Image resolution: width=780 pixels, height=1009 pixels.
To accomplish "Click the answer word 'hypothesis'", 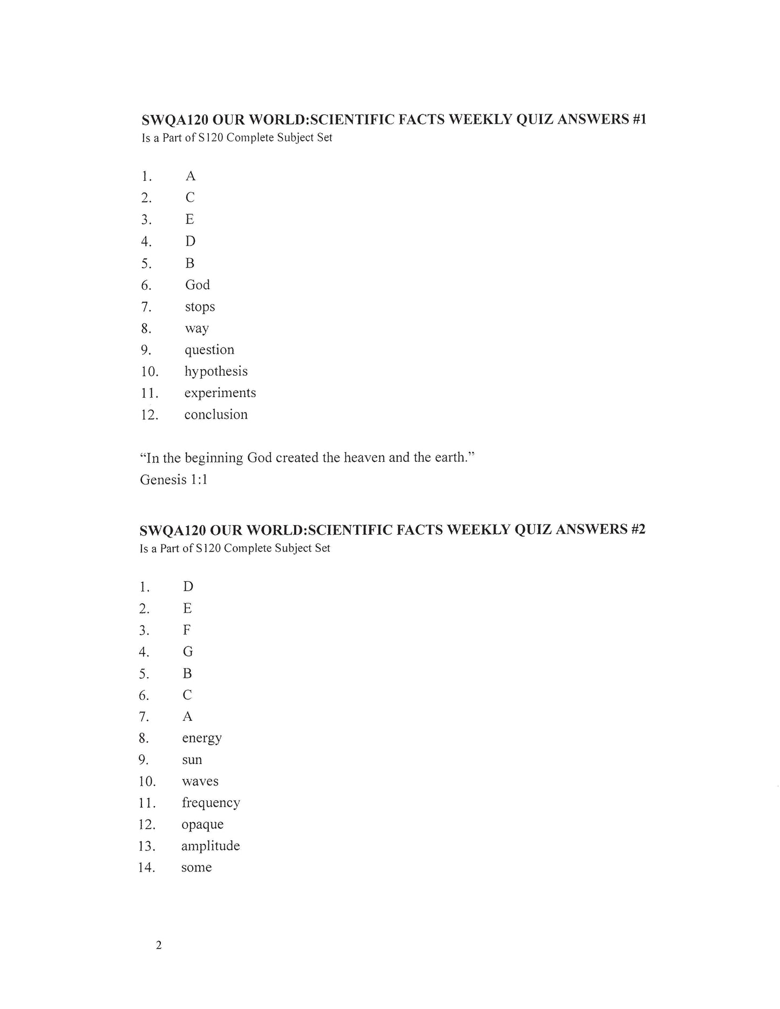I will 216,372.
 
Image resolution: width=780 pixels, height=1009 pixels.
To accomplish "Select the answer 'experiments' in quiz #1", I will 220,393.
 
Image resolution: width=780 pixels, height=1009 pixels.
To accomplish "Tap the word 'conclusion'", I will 216,414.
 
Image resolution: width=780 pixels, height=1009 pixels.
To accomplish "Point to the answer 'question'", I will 209,350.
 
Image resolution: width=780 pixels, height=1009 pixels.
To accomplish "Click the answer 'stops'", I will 200,307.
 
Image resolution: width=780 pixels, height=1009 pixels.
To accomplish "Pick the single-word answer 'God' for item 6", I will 197,285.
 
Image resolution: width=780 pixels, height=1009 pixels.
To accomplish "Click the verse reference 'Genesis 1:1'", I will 173,479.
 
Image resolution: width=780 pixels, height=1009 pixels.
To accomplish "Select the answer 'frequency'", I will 211,803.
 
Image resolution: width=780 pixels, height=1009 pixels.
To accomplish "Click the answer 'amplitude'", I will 211,846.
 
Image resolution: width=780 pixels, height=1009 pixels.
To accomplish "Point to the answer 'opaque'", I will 202,824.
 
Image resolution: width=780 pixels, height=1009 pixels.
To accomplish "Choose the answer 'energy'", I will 202,738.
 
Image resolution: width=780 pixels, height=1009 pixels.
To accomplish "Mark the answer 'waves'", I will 200,781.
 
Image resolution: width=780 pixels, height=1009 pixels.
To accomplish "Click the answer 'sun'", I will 192,760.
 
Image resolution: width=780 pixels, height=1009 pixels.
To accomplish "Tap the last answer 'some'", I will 196,867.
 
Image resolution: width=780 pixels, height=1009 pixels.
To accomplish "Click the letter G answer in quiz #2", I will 188,652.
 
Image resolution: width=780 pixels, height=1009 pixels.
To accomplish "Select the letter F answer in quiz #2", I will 187,630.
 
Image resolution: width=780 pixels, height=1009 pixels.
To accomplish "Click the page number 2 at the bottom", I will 159,945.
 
